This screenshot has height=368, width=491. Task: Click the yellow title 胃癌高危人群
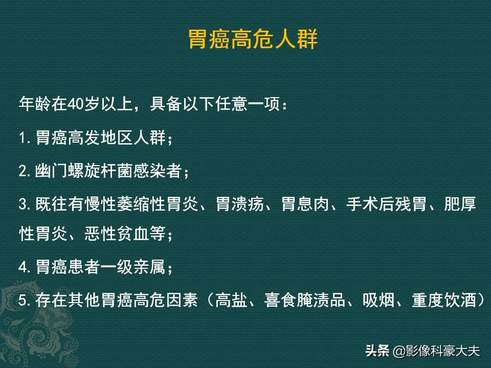(253, 39)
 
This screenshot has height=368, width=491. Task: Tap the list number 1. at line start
(26, 138)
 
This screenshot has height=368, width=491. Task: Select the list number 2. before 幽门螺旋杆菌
(26, 171)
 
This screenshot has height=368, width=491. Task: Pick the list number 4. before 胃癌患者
(26, 267)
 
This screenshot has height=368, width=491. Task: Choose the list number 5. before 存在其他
(26, 300)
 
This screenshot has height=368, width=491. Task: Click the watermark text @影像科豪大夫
(437, 351)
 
